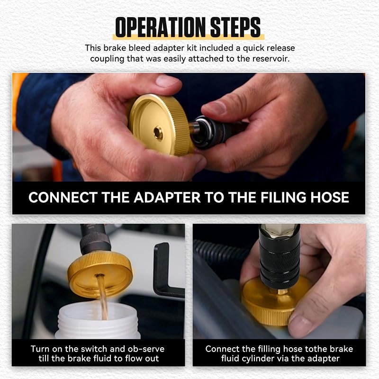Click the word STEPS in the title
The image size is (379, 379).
pos(234,28)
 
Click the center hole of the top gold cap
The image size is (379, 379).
pos(158,134)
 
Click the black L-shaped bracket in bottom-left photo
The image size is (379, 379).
pos(163,270)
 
